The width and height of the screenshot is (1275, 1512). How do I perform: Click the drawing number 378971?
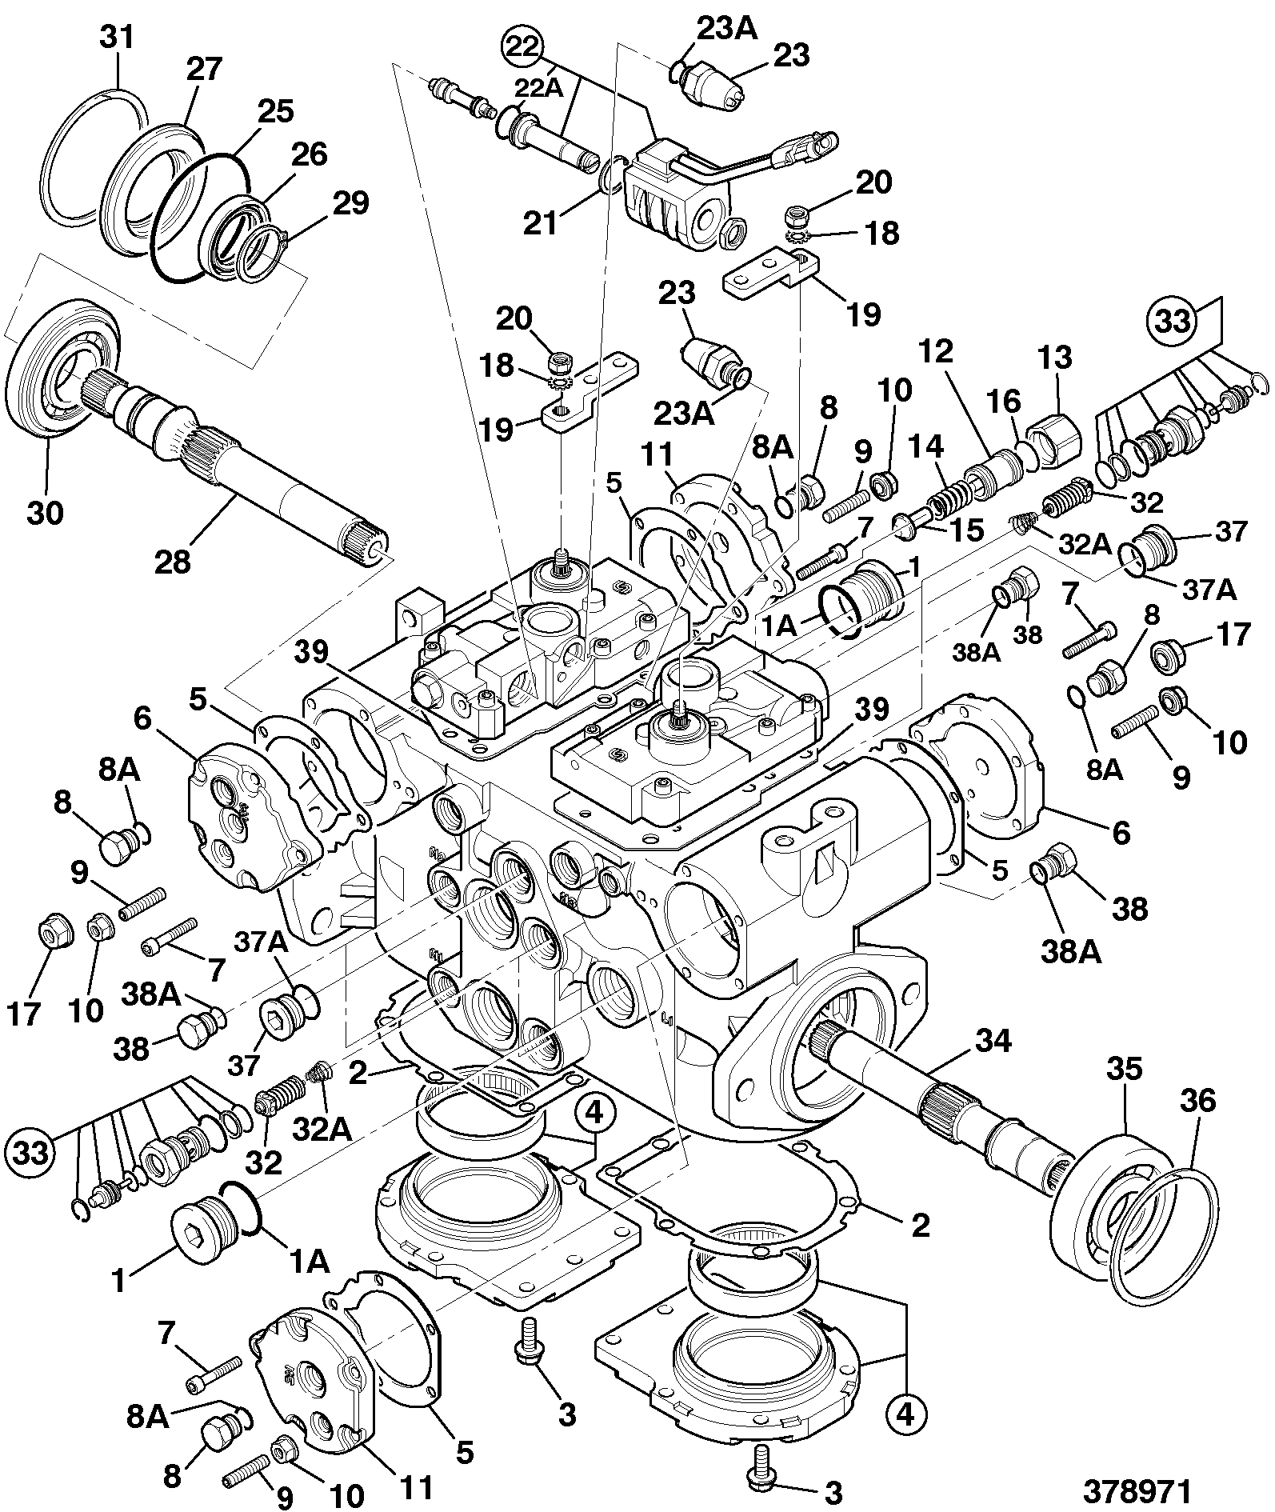[x=1137, y=1490]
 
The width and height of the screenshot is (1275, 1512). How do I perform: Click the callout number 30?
[x=45, y=511]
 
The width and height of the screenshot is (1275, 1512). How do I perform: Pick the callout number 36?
[x=1197, y=1101]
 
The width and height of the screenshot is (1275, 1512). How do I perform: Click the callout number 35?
[x=1125, y=1068]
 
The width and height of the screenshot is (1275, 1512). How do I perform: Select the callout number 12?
[x=937, y=351]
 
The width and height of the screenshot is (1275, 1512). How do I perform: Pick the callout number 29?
[x=350, y=202]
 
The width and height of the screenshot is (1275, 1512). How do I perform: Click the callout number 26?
[x=309, y=154]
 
